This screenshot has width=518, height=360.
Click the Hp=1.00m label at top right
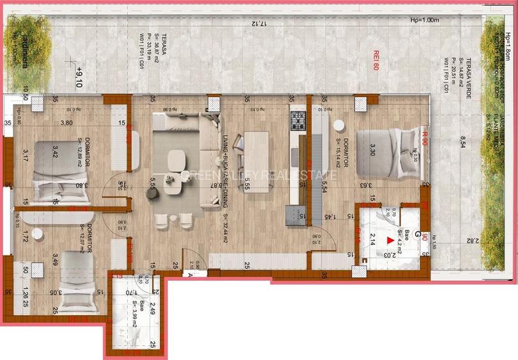tap(425, 20)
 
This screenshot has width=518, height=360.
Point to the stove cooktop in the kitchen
tap(298, 120)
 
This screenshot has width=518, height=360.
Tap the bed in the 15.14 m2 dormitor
tap(384, 152)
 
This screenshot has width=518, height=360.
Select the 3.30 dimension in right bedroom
tap(373, 150)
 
